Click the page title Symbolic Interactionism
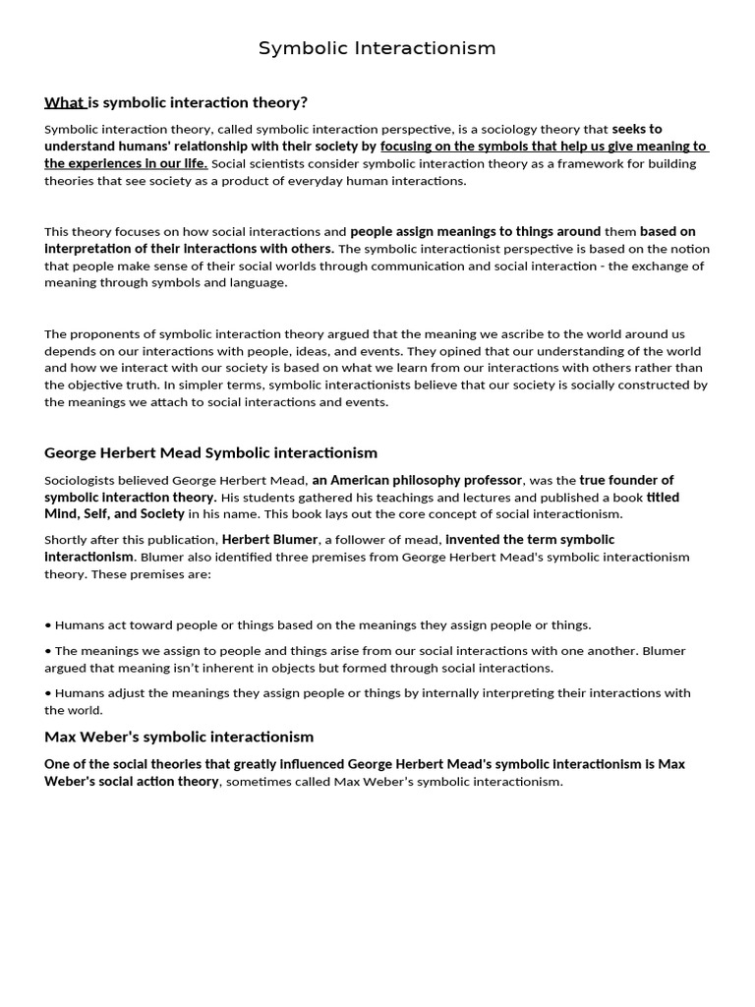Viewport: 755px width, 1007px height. tap(377, 48)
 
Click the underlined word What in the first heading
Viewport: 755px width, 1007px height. tap(64, 102)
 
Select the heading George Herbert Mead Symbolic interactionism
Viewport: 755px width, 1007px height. tap(210, 452)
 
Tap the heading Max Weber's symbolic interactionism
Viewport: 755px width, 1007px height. tap(179, 737)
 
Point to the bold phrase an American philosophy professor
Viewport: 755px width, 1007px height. tap(417, 480)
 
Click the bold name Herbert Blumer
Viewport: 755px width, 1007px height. tap(268, 539)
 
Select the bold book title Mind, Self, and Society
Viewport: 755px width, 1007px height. tap(114, 513)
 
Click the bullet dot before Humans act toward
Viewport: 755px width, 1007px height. tap(48, 625)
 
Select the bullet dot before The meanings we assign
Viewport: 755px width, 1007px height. tap(48, 651)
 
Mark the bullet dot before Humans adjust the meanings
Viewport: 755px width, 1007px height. tap(48, 693)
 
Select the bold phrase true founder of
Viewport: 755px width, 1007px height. tap(626, 480)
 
